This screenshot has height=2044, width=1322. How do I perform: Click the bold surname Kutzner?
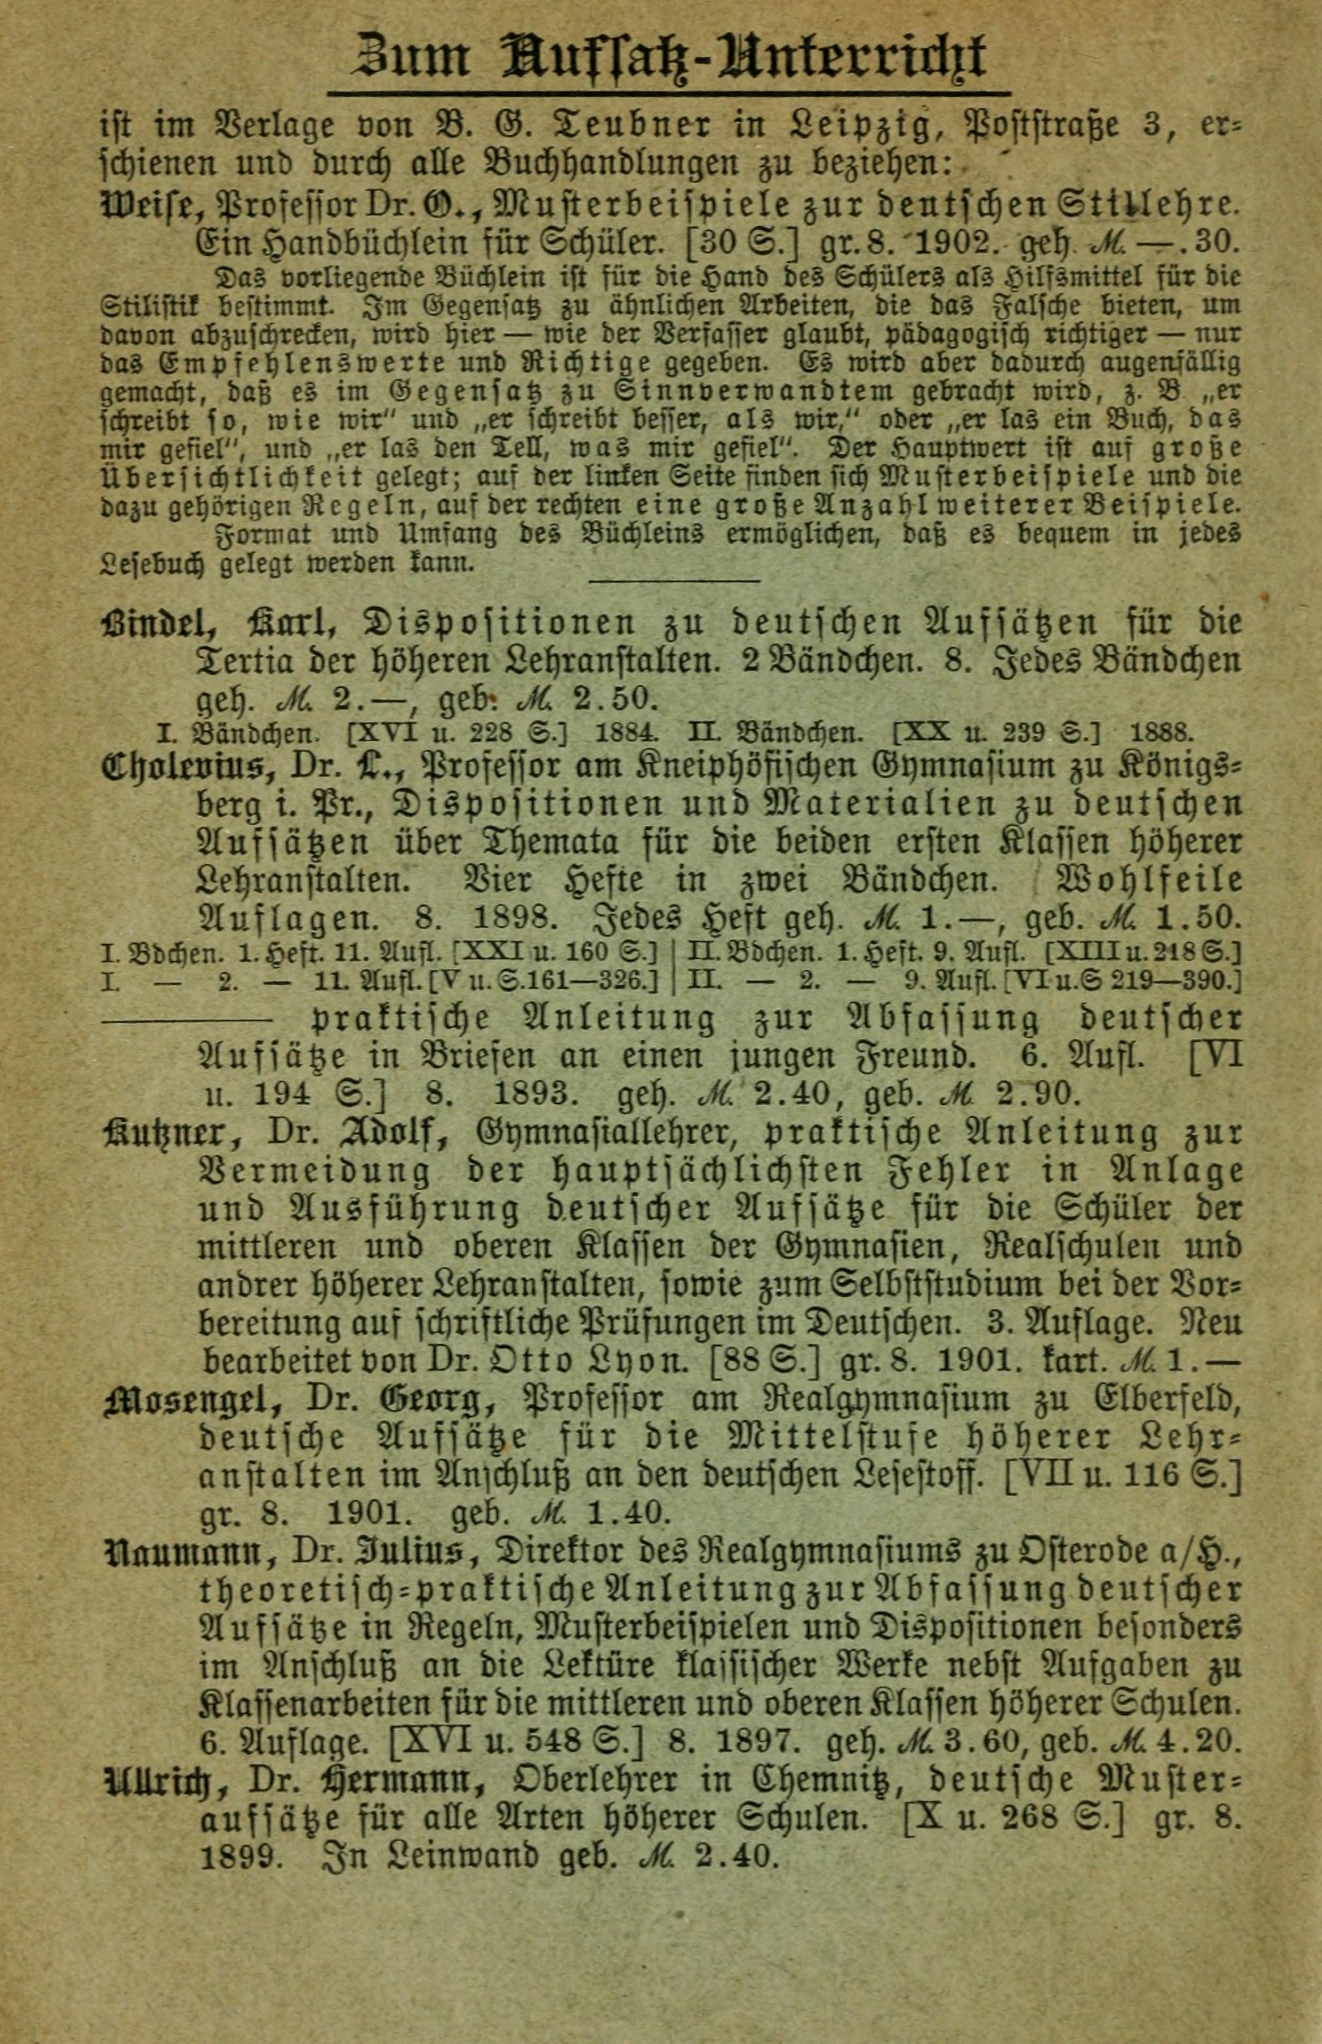(167, 1133)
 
